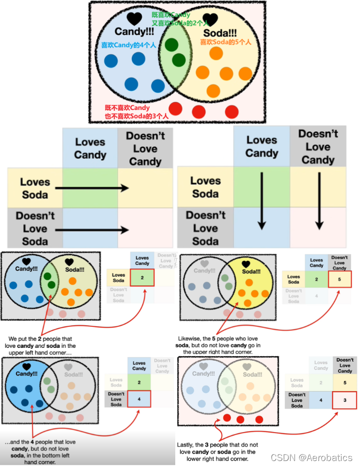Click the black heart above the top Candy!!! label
[134, 19]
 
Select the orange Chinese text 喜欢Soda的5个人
[225, 42]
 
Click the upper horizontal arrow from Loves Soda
[92, 188]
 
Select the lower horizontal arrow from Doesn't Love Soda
[92, 230]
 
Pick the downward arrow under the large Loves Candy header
[261, 200]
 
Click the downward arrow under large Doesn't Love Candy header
[318, 200]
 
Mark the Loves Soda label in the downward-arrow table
[205, 187]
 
